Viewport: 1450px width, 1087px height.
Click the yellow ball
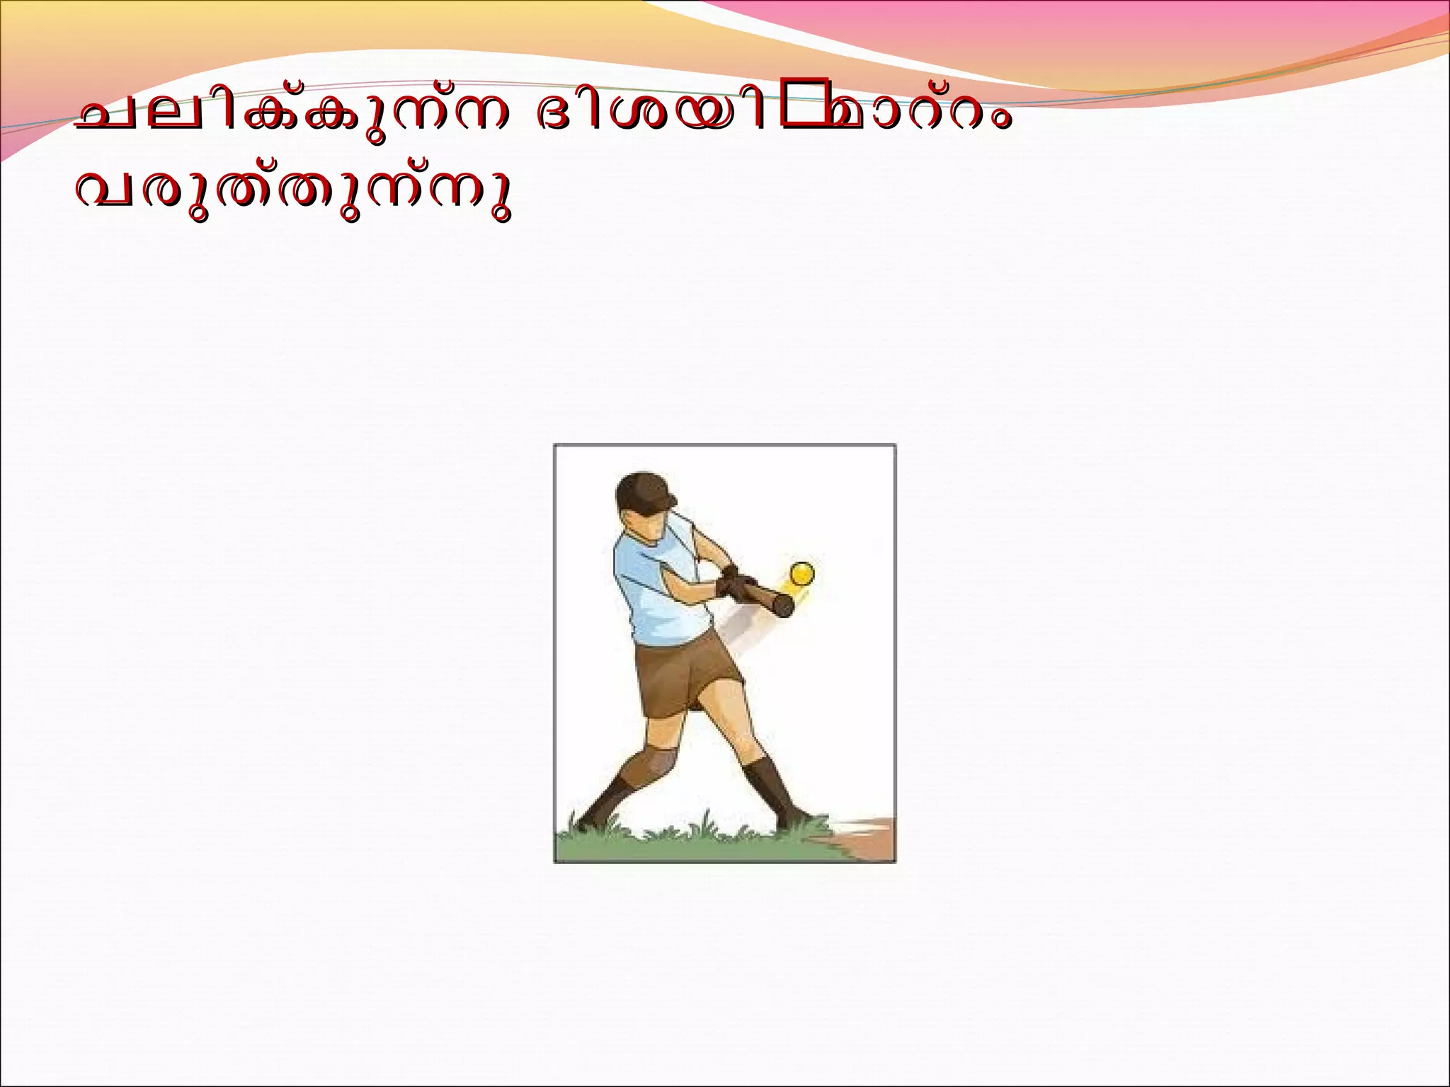pyautogui.click(x=803, y=573)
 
